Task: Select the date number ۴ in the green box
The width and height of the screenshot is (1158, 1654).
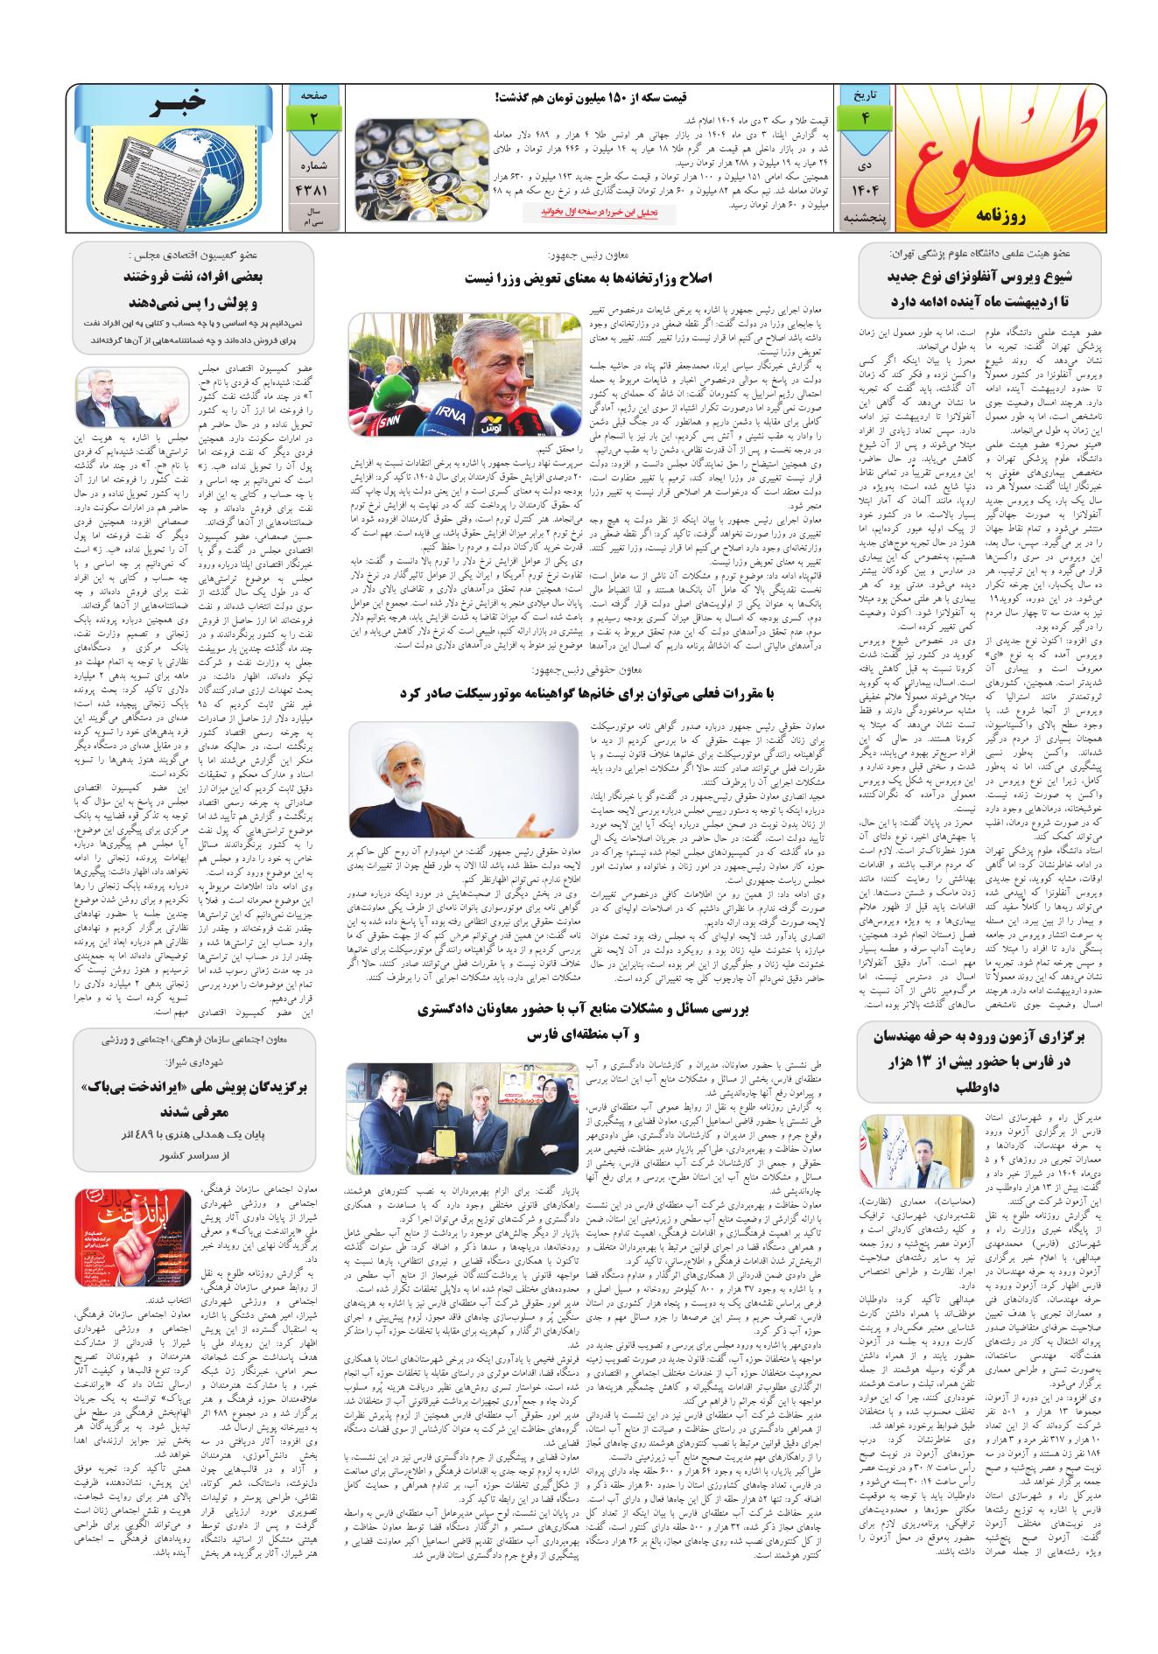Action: (865, 121)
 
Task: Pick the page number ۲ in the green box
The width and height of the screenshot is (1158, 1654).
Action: (312, 121)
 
